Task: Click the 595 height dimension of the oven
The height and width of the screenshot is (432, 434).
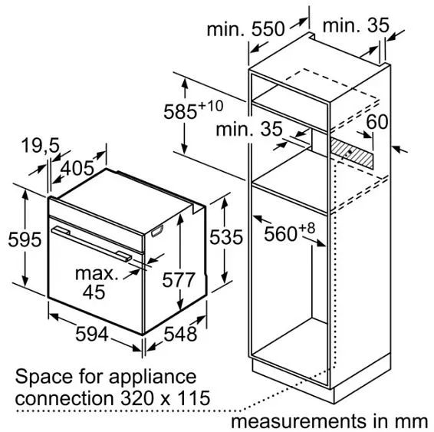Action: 25,239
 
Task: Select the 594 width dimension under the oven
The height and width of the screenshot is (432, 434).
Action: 91,334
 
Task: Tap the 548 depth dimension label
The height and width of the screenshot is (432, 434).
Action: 180,334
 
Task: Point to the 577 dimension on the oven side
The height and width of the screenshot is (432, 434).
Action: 179,280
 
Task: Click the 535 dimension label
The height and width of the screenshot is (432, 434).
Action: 226,237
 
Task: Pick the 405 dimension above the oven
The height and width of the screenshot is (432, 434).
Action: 77,168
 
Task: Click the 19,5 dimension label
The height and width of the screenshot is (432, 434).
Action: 41,145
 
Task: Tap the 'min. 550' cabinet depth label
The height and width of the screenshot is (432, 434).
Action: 245,28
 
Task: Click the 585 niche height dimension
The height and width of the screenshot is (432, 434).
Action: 180,111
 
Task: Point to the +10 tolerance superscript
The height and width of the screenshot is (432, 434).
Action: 211,106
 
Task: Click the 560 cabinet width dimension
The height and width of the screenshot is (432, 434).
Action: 281,234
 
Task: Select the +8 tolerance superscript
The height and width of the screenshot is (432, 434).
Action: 307,229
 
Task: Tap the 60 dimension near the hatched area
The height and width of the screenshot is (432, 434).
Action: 377,121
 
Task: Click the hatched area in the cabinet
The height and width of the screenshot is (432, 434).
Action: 351,153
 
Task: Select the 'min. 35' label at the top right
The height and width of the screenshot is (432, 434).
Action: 356,25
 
